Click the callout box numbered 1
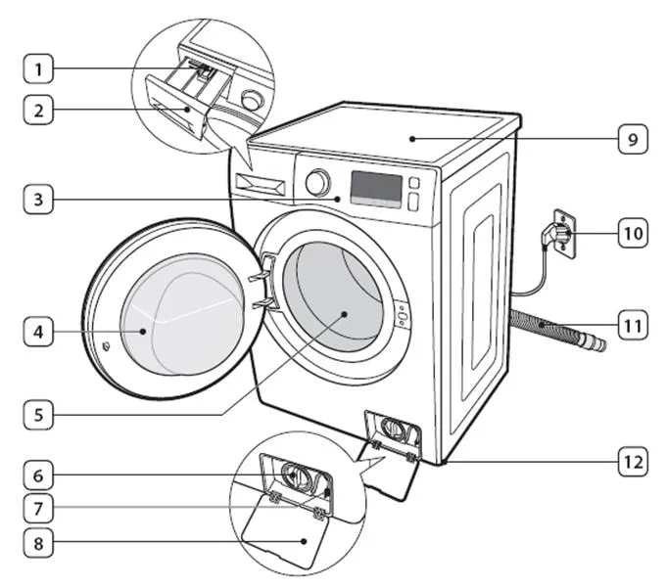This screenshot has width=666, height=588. pos(38,69)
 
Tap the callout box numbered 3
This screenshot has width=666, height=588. pos(38,203)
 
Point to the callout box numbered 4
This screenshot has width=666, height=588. pos(38,333)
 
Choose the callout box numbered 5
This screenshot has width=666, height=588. pos(38,414)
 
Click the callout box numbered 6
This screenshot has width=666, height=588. pos(38,475)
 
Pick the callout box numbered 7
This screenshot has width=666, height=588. pos(38,509)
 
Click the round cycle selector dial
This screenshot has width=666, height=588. pos(317,182)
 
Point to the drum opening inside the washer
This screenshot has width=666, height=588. pos(333,299)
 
